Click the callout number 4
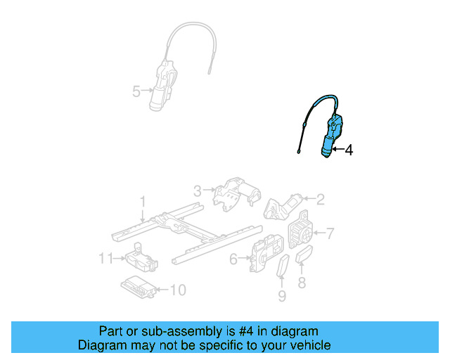tap(349, 149)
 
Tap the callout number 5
tap(136, 90)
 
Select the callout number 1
tap(143, 202)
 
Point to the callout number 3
tap(198, 190)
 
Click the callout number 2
tap(321, 200)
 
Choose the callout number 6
tap(233, 259)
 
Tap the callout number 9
tap(282, 296)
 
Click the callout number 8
tap(302, 283)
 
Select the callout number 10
tap(178, 289)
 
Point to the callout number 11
tap(105, 259)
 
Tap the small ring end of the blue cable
tap(298, 151)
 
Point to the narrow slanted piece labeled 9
tap(283, 269)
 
